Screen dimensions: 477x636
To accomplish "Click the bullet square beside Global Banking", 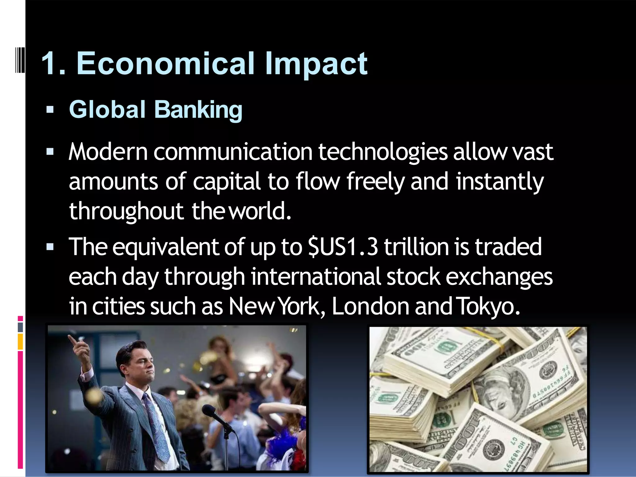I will coord(50,110).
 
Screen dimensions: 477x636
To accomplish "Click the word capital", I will coord(226,182).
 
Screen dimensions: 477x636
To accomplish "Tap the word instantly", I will coord(500,182).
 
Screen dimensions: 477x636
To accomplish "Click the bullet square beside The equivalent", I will coord(50,247).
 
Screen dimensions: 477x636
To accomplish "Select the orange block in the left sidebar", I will coord(20,342).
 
